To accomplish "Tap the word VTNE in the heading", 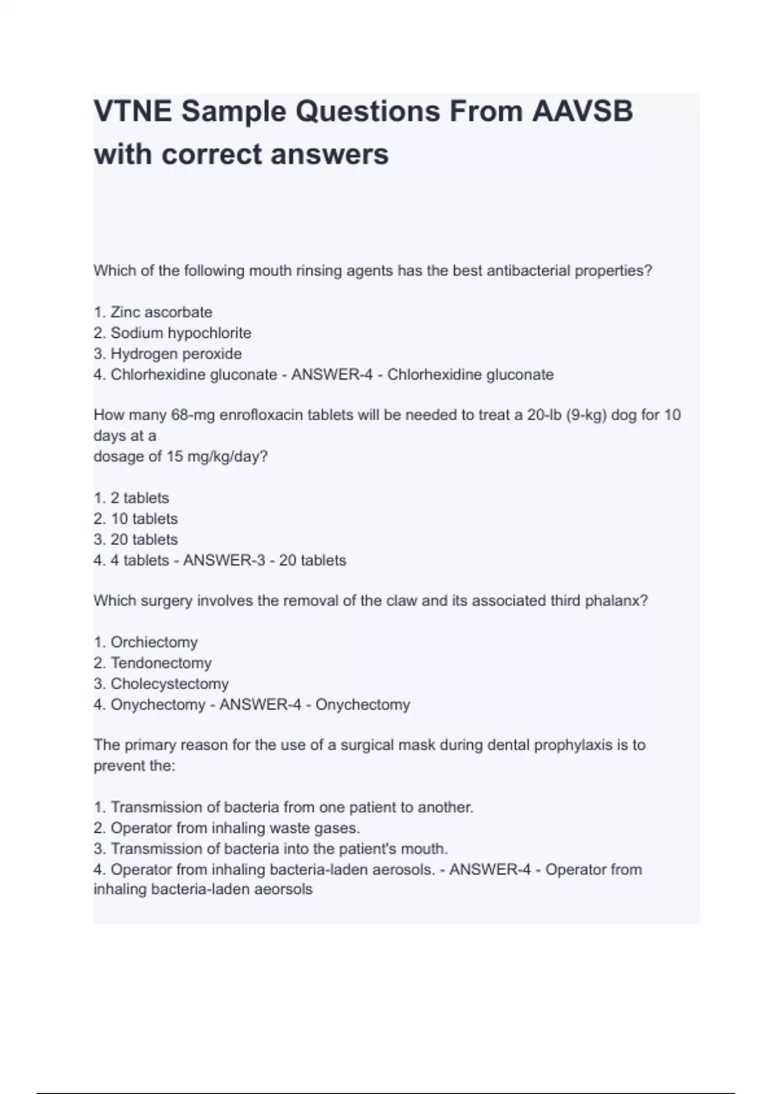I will pyautogui.click(x=132, y=111).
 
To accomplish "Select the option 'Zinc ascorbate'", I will pyautogui.click(x=161, y=312).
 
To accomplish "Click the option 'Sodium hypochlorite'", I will pyautogui.click(x=180, y=333).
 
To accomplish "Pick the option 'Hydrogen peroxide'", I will pyautogui.click(x=176, y=353).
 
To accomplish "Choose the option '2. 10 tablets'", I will pyautogui.click(x=136, y=519).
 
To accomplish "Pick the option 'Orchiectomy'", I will pyautogui.click(x=154, y=642).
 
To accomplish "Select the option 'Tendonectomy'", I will pyautogui.click(x=161, y=663).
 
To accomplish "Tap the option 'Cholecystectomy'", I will pyautogui.click(x=169, y=683).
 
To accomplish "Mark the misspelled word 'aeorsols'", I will pyautogui.click(x=284, y=889).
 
